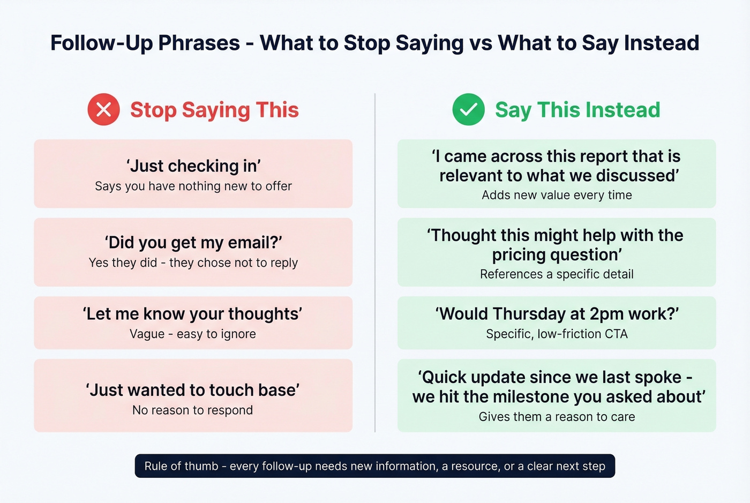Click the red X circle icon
tap(103, 110)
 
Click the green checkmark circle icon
tap(468, 110)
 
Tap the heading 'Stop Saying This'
tap(214, 110)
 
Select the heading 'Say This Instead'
tap(577, 110)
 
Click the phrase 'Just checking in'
tap(193, 166)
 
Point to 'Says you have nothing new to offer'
tap(193, 186)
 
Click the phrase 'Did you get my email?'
tap(193, 243)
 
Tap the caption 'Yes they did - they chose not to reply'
tap(193, 263)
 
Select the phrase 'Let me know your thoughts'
tap(193, 314)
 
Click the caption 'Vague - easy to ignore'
tap(193, 334)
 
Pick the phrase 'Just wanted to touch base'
tap(193, 390)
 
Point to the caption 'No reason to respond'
tap(193, 410)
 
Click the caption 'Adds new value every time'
tap(557, 196)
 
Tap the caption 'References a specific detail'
tap(557, 274)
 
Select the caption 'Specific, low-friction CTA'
tap(557, 334)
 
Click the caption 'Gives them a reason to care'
tap(557, 417)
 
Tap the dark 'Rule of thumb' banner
tap(375, 466)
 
